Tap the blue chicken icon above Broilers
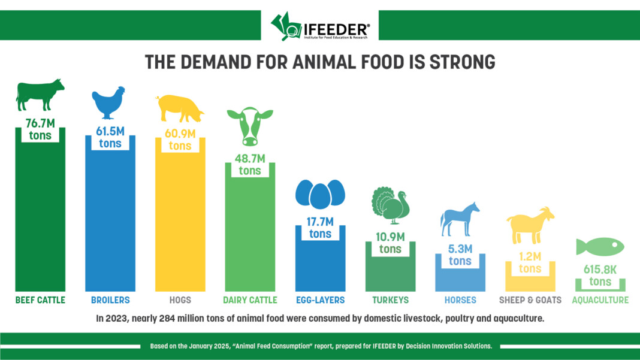(x=108, y=102)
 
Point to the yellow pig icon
(x=179, y=108)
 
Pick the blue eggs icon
(x=320, y=193)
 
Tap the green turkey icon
(x=390, y=205)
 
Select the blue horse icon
(x=460, y=218)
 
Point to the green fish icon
(x=599, y=246)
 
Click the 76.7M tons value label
(x=40, y=129)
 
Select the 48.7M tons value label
(x=250, y=164)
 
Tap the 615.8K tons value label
(x=600, y=276)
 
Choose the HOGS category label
(x=180, y=300)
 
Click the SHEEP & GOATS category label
(x=530, y=300)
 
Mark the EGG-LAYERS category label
(x=320, y=300)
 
